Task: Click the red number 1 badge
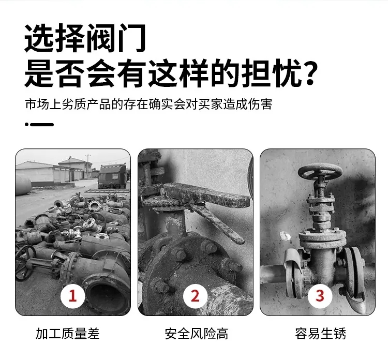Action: pos(73,296)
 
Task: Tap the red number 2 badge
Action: pos(195,296)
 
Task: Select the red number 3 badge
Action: pos(320,296)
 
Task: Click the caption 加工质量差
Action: pos(68,334)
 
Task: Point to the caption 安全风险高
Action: pos(196,334)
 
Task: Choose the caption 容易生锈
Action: pos(320,334)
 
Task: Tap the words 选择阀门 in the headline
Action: pos(85,38)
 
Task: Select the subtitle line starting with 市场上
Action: pos(148,104)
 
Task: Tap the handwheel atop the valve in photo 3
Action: pos(320,172)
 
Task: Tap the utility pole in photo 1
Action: pos(88,166)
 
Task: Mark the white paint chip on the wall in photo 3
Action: pos(285,236)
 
